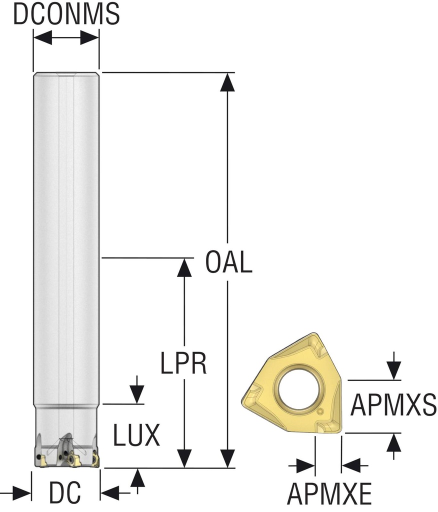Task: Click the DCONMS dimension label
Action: click(66, 14)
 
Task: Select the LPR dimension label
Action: click(183, 363)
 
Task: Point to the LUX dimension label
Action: click(136, 435)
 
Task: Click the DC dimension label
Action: click(65, 494)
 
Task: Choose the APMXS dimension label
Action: click(393, 405)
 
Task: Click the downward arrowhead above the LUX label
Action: click(136, 394)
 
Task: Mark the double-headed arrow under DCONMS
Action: click(66, 37)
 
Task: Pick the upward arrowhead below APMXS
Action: click(394, 442)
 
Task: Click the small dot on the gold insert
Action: click(320, 412)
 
